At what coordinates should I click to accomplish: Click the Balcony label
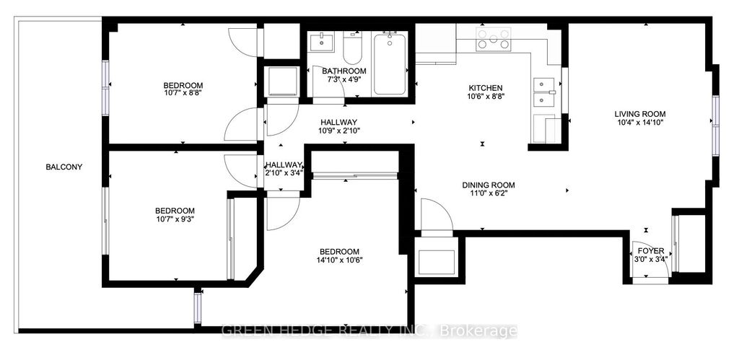tap(64, 167)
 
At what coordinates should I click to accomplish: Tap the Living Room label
tap(639, 114)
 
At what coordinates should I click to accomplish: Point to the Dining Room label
tap(488, 185)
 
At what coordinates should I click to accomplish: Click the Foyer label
tap(650, 251)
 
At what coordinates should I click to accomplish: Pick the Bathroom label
tap(344, 71)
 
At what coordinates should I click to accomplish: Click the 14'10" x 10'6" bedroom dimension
tap(339, 260)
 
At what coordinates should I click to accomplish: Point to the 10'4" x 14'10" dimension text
tap(639, 123)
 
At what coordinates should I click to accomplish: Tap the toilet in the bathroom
tap(352, 49)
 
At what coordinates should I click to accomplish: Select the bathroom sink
tap(321, 42)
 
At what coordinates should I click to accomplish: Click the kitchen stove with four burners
tap(493, 39)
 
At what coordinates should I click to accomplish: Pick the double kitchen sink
tap(543, 92)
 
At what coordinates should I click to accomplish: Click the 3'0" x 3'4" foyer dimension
tap(650, 260)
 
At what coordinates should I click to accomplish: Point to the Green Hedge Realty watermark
tap(368, 331)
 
